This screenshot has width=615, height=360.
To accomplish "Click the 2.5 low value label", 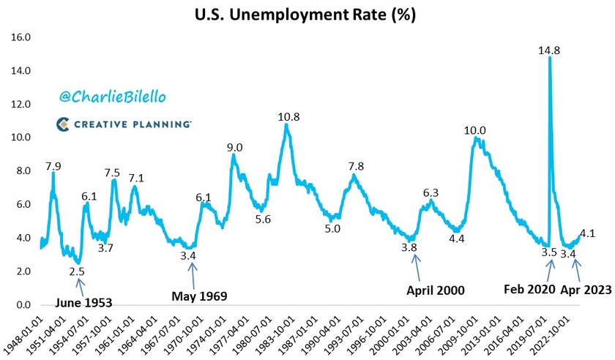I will tap(77, 271).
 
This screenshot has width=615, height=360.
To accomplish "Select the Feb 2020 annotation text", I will tap(529, 289).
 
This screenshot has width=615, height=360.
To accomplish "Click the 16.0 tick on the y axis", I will tap(21, 37).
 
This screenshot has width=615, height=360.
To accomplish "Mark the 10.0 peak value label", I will tap(475, 130).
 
